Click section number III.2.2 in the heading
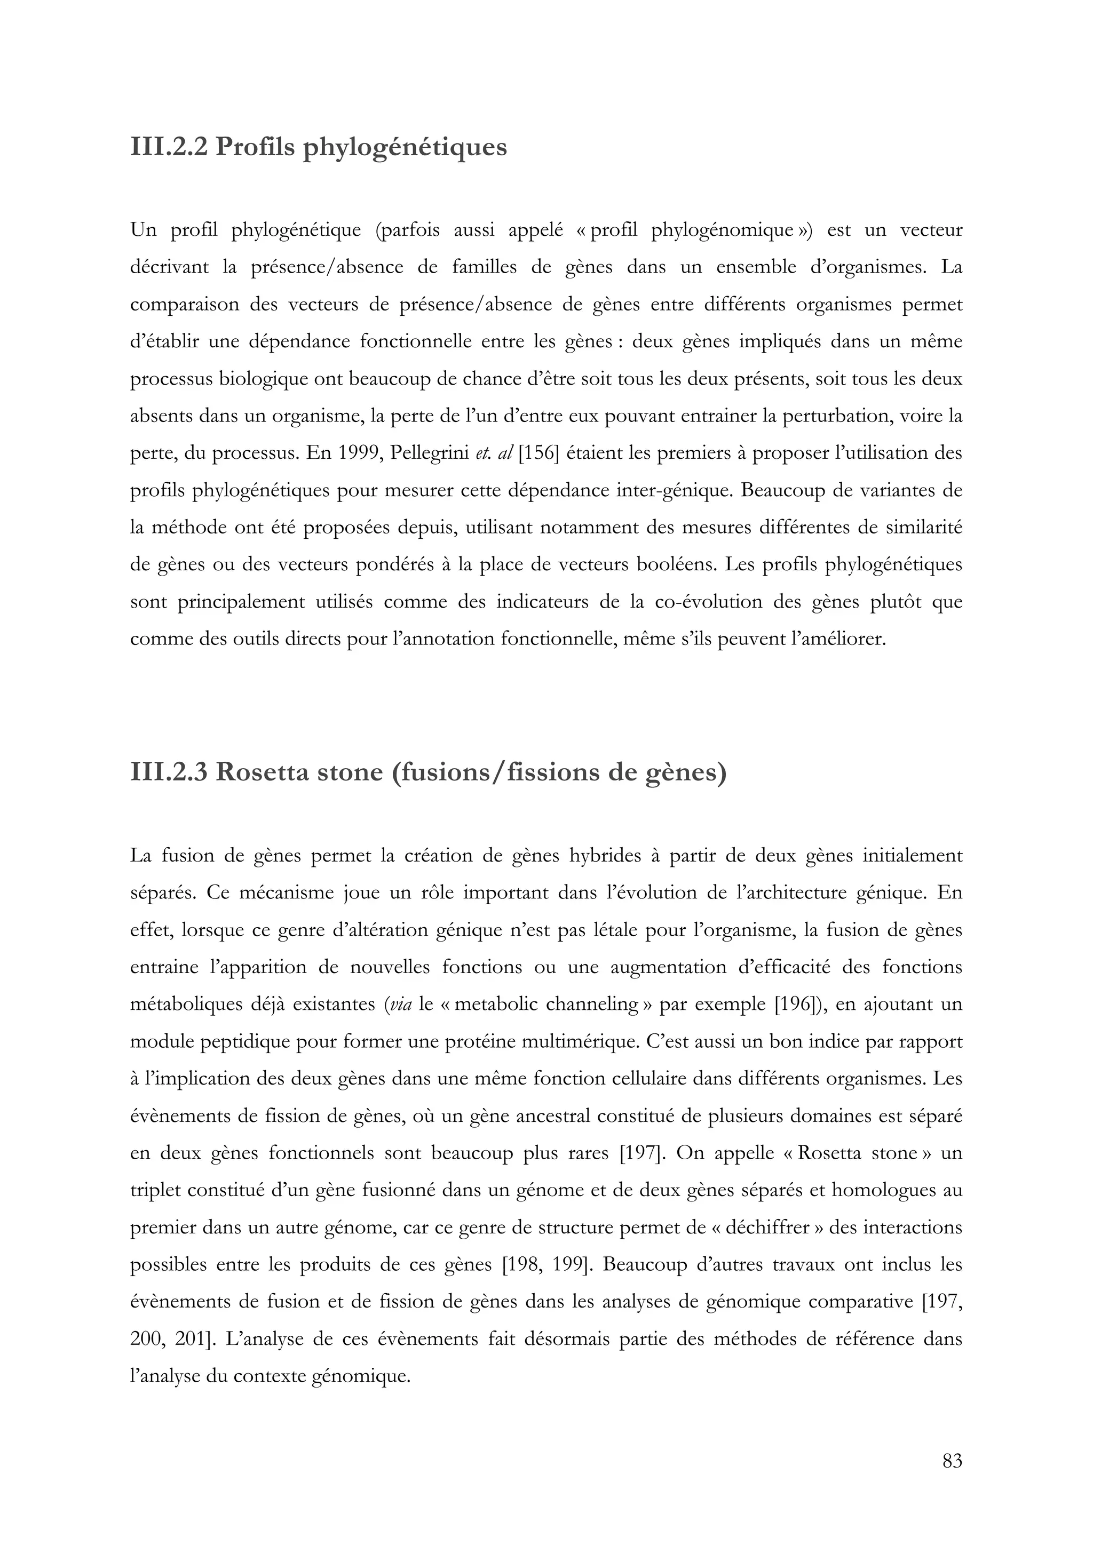click(170, 146)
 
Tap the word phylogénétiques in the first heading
click(404, 147)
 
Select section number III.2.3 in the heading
click(170, 771)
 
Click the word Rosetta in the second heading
click(264, 771)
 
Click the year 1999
click(357, 453)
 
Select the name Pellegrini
click(427, 453)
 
